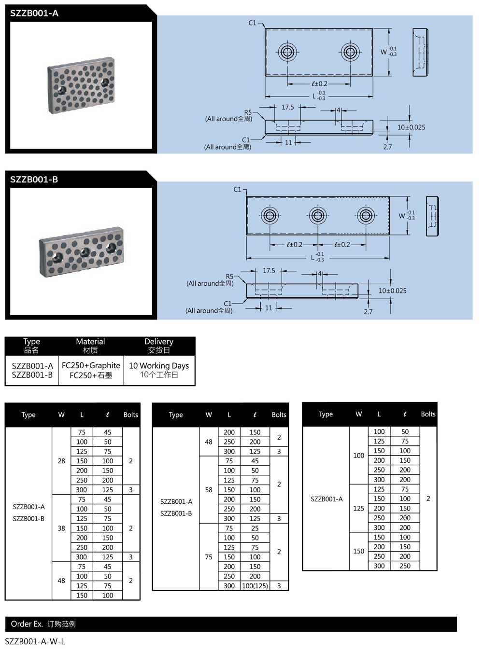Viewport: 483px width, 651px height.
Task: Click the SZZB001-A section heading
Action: (x=34, y=14)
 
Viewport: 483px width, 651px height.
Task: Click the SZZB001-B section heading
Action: (x=34, y=180)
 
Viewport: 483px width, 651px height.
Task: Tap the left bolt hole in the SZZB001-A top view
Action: (x=288, y=52)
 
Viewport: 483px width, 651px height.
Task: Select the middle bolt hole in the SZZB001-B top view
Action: (x=318, y=215)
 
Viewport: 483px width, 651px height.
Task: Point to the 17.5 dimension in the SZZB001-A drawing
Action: (x=288, y=107)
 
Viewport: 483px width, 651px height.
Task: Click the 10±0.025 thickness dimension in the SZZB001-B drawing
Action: (x=392, y=291)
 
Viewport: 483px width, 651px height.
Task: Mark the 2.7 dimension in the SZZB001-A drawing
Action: (x=387, y=147)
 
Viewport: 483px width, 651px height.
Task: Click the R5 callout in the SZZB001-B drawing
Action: (x=229, y=277)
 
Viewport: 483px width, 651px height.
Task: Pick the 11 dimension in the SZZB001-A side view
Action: (x=288, y=142)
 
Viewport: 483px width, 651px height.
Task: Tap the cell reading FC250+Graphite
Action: (x=91, y=365)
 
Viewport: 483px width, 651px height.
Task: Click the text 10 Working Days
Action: (x=159, y=365)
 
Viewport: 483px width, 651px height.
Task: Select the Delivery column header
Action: (x=159, y=342)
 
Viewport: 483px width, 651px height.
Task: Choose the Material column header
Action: (x=90, y=342)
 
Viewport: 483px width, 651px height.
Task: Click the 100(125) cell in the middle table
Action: (x=255, y=586)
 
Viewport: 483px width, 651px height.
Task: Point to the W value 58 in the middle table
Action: (x=209, y=489)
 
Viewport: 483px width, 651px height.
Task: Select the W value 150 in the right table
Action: (x=358, y=551)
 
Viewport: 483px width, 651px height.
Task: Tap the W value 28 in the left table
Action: (x=61, y=461)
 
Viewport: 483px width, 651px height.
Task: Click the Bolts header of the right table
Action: (x=428, y=414)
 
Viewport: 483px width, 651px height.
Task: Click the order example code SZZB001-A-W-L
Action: (x=35, y=641)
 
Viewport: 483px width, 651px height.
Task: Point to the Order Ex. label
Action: (x=27, y=624)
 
